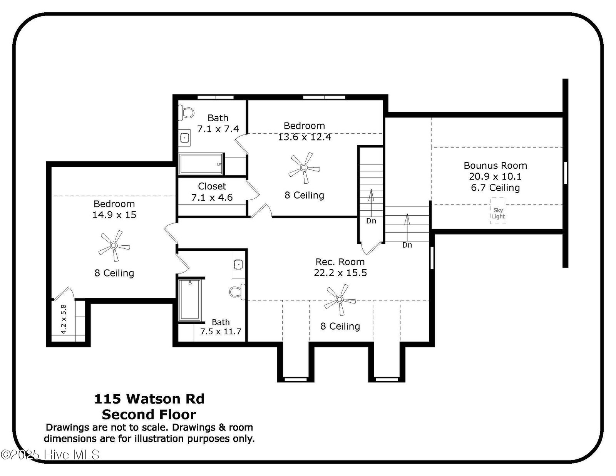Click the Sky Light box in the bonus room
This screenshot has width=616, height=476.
(x=498, y=211)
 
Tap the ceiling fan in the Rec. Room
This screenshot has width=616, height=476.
(x=340, y=299)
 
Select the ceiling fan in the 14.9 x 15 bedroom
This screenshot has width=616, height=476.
(x=114, y=246)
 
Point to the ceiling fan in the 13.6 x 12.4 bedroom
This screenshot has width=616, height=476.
(x=304, y=168)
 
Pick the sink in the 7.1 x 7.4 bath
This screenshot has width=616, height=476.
(x=185, y=138)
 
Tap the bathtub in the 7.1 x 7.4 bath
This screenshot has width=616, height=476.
(x=201, y=164)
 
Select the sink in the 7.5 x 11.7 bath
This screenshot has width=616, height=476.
(x=239, y=265)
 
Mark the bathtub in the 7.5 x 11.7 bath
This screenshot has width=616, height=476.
(x=190, y=300)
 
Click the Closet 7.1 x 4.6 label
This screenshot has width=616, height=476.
(x=212, y=192)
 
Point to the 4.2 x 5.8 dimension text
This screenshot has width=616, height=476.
(x=64, y=319)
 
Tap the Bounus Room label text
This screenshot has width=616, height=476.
(x=495, y=166)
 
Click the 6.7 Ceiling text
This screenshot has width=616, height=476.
(x=495, y=188)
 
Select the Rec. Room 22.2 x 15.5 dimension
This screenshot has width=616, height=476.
(x=340, y=272)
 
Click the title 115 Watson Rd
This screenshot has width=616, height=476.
(x=149, y=399)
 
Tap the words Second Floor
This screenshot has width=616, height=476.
(x=149, y=414)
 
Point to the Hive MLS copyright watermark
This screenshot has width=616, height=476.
(x=50, y=454)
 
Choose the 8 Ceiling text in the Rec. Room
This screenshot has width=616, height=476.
(x=340, y=326)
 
